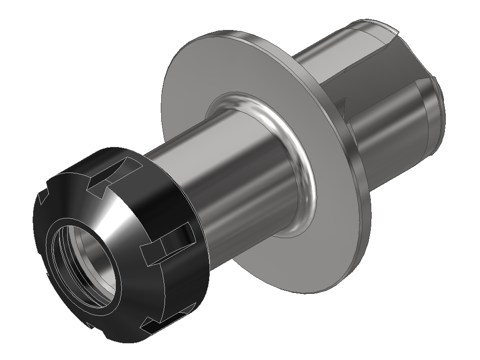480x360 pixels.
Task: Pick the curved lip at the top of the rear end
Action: tap(375, 26)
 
